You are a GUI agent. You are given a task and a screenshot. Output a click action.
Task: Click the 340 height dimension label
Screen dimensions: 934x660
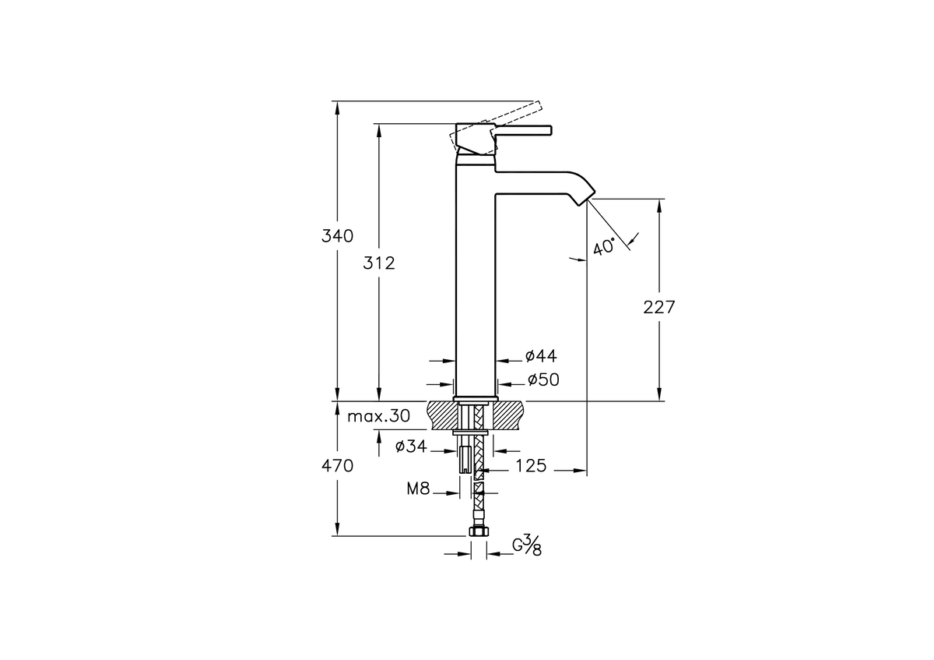(337, 236)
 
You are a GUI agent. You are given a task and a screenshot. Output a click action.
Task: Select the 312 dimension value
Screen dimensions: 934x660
(379, 263)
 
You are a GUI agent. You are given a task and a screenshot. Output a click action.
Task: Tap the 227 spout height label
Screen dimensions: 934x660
(658, 307)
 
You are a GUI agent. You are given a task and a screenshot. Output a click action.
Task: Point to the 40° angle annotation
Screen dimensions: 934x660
(604, 247)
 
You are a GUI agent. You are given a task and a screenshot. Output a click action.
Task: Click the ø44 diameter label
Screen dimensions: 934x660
(541, 356)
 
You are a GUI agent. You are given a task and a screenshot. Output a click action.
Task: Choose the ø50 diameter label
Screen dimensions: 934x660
(543, 380)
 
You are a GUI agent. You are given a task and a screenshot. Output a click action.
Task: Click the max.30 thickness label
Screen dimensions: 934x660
(378, 416)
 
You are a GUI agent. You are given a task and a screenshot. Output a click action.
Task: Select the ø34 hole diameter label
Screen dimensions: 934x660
(411, 446)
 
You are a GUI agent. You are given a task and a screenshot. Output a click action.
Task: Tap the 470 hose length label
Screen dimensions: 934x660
(337, 466)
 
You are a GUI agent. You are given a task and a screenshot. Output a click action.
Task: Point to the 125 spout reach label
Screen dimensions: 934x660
(531, 466)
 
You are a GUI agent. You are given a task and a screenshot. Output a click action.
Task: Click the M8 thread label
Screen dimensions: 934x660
(418, 489)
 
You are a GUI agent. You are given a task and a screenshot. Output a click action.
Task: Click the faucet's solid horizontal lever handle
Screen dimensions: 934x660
(521, 130)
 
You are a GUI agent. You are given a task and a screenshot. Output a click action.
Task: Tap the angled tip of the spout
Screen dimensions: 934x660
(586, 197)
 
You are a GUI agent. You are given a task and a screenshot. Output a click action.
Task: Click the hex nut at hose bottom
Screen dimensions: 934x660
(479, 531)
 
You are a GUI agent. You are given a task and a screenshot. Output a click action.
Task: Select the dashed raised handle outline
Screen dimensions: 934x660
(497, 126)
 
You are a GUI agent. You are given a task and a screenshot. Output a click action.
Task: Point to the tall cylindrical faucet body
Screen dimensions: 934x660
(476, 276)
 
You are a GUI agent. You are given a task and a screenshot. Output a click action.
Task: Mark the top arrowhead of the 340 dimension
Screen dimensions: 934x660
(337, 107)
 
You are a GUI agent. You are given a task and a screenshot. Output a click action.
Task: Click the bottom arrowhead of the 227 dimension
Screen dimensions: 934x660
(659, 395)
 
